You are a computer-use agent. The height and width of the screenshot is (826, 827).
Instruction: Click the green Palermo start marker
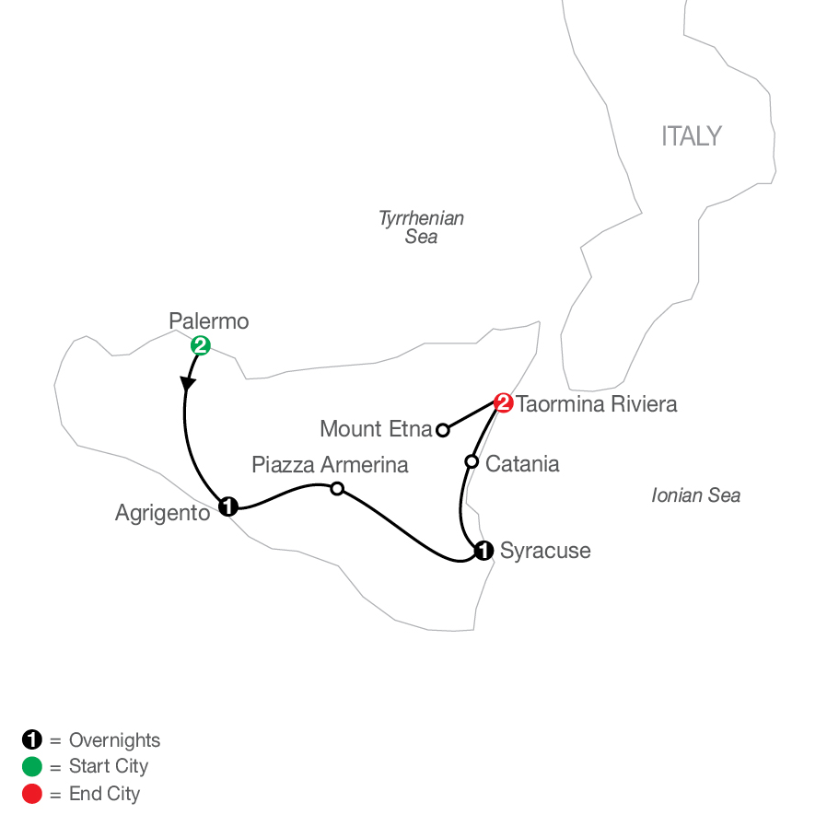point(201,346)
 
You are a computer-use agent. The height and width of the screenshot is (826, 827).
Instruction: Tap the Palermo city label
point(209,321)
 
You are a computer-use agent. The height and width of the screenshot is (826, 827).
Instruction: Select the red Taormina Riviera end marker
point(503,403)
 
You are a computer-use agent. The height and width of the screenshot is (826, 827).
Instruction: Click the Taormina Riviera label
point(596,404)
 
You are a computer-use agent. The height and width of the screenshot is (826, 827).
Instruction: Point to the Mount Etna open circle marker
point(442,430)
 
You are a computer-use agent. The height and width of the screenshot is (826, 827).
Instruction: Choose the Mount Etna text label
point(376,429)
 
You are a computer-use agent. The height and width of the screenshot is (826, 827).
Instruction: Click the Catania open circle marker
point(472,462)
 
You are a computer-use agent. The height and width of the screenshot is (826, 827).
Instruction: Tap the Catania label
point(522,464)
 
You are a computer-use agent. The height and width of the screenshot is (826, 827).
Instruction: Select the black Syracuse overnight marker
point(483,551)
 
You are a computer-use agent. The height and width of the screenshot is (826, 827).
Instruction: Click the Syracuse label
point(545,552)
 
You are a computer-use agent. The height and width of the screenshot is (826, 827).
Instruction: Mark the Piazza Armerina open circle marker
point(337,489)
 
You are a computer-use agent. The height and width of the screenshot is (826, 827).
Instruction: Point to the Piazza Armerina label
point(331,465)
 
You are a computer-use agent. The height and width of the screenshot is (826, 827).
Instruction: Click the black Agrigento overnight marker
point(227,506)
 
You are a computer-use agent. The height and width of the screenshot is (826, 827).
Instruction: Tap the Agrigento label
point(162,513)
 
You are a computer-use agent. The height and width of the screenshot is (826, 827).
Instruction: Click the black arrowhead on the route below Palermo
point(187,383)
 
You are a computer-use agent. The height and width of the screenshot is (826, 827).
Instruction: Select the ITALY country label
point(692,136)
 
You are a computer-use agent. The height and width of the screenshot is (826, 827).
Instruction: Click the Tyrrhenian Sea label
point(421,227)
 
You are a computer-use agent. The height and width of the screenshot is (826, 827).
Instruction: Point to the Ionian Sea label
point(695,495)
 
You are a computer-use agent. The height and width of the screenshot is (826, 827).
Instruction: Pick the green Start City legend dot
point(32,766)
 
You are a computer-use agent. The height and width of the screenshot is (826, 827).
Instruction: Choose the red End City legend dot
point(32,794)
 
